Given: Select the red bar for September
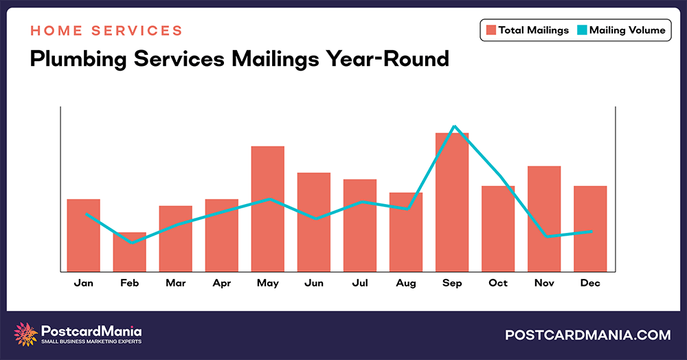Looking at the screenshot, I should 452,206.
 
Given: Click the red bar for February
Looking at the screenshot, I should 130,253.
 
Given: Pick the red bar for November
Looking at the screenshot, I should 544,218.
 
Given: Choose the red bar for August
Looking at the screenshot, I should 406,234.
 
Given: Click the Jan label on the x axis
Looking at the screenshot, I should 84,283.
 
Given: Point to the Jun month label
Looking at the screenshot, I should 314,283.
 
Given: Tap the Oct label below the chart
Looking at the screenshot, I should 498,283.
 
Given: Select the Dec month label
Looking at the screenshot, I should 590,283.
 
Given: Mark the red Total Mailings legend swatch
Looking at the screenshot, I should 491,30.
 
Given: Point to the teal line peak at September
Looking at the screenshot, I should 453,126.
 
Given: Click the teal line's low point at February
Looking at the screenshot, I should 131,243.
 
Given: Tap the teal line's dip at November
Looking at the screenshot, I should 546,236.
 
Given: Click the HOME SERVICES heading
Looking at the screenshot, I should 106,31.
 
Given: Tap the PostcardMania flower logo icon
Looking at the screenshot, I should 26,335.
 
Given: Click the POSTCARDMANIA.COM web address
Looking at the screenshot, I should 587,335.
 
